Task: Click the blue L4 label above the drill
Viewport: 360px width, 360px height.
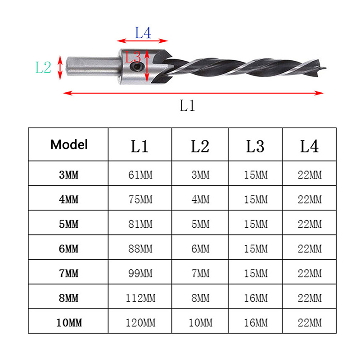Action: (x=143, y=32)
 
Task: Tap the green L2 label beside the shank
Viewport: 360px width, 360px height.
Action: (x=43, y=67)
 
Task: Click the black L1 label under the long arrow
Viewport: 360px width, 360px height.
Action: (x=187, y=105)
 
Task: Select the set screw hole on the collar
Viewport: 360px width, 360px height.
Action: (x=136, y=67)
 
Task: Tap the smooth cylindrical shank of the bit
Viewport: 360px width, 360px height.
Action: (x=93, y=66)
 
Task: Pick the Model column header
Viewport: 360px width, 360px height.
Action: (x=69, y=144)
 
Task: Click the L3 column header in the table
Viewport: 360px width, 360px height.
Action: (x=255, y=146)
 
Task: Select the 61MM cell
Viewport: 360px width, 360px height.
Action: (x=140, y=175)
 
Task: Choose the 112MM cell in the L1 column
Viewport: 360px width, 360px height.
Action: (x=140, y=298)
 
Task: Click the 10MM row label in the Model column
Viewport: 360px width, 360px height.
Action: (x=69, y=323)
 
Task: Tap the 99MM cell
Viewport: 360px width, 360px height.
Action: (x=140, y=274)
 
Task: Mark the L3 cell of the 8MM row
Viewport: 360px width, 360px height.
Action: (x=256, y=298)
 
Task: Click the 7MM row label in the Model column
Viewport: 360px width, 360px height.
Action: (x=69, y=274)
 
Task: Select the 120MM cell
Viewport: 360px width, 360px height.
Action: (x=140, y=323)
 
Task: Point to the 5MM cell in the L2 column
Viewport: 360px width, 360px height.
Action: (x=200, y=224)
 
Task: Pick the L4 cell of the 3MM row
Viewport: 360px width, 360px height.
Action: (x=310, y=175)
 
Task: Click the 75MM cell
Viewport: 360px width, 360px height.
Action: (x=140, y=199)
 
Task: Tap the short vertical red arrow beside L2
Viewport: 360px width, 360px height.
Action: (x=60, y=67)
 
